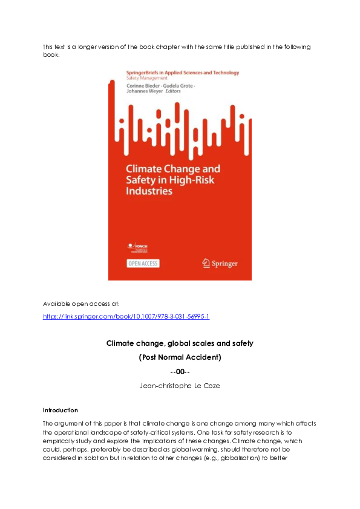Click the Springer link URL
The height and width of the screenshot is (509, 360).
[126, 316]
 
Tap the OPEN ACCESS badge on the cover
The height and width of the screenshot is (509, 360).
[143, 263]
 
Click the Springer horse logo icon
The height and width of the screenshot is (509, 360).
[206, 263]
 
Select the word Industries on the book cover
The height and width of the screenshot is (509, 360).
[149, 191]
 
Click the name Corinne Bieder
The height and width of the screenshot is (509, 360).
[142, 86]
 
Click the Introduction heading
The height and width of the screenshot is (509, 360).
[61, 410]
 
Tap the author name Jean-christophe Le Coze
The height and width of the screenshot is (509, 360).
[180, 385]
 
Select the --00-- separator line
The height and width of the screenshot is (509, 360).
[180, 371]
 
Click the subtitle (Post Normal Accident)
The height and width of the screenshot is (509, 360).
[180, 357]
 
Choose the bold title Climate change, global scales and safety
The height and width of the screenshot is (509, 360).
[180, 343]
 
